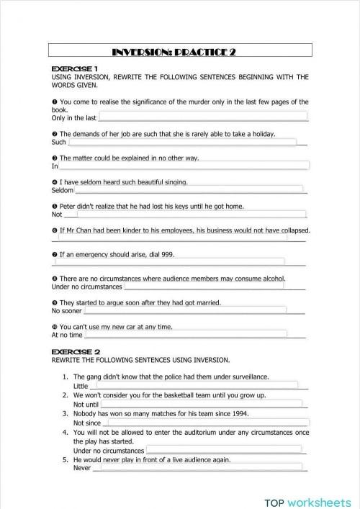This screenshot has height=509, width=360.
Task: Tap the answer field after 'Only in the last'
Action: pos(202,117)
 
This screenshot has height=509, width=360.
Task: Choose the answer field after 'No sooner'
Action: pos(185,310)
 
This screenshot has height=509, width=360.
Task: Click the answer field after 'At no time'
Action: pos(186,334)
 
